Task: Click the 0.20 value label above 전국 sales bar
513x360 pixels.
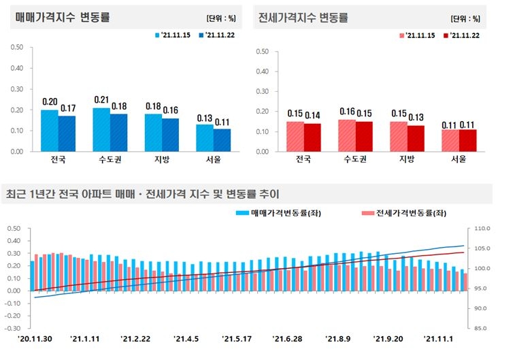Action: click(50, 102)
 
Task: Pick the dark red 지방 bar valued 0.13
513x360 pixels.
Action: click(415, 138)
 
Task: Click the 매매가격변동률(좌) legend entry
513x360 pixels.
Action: click(269, 213)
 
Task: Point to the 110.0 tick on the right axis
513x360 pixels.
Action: click(480, 229)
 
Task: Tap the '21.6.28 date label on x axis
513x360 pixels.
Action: click(287, 338)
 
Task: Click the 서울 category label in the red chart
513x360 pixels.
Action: click(458, 160)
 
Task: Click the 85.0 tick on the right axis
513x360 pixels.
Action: click(480, 328)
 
